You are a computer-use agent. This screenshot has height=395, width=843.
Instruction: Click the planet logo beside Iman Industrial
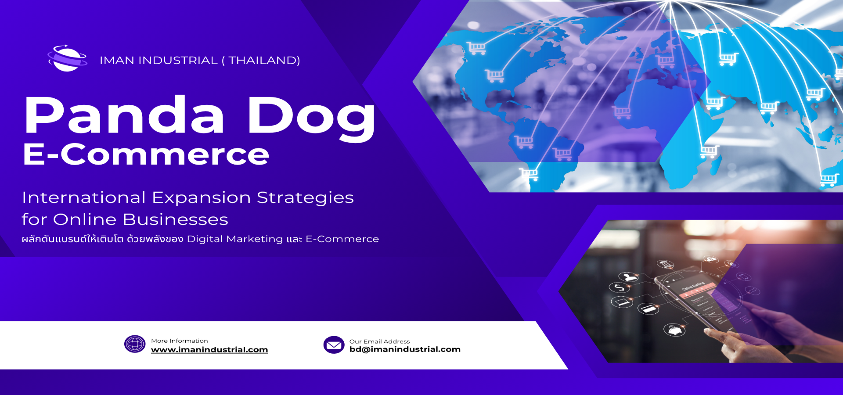pyautogui.click(x=67, y=58)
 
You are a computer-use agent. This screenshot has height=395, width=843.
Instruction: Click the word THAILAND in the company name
pyautogui.click(x=264, y=60)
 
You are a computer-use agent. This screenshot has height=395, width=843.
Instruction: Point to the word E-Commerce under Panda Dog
pyautogui.click(x=146, y=154)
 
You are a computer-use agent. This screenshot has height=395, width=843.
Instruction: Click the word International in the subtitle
pyautogui.click(x=84, y=197)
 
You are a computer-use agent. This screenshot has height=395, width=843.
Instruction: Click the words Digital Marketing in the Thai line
pyautogui.click(x=235, y=239)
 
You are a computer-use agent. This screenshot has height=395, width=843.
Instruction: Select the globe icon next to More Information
pyautogui.click(x=135, y=344)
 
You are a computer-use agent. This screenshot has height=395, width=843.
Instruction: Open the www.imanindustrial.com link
pyautogui.click(x=209, y=350)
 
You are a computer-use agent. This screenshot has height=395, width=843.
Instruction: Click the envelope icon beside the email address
pyautogui.click(x=334, y=345)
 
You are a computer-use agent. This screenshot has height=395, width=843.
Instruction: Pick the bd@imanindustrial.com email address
pyautogui.click(x=405, y=349)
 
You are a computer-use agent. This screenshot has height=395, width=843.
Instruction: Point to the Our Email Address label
pyautogui.click(x=379, y=341)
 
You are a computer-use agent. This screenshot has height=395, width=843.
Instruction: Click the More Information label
pyautogui.click(x=180, y=341)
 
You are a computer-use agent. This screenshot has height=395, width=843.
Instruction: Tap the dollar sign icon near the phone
pyautogui.click(x=619, y=288)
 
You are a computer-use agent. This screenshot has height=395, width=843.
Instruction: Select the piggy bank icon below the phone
pyautogui.click(x=674, y=329)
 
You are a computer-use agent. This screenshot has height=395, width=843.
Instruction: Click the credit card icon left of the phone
pyautogui.click(x=648, y=309)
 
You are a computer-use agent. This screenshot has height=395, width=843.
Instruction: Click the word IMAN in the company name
pyautogui.click(x=116, y=61)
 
